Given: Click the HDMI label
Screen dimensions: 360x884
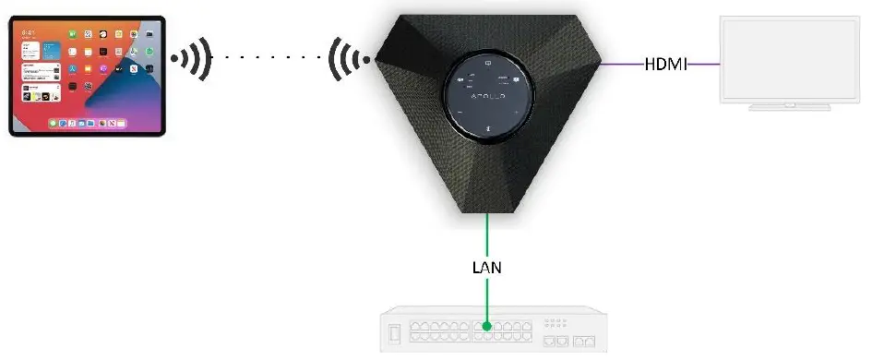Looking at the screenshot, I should (x=665, y=65).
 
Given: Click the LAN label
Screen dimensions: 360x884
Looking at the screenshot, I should (x=487, y=270).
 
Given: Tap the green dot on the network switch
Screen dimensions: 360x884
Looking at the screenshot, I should (x=487, y=326).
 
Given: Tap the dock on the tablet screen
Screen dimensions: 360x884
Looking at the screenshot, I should (x=87, y=122).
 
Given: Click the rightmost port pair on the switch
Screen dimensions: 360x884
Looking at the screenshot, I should (x=584, y=341).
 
